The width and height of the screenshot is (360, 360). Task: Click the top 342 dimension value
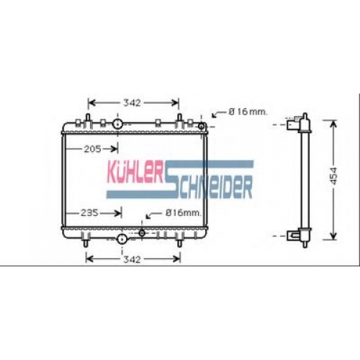pyautogui.click(x=132, y=103)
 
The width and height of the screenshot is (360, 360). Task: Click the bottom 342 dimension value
pyautogui.click(x=132, y=259)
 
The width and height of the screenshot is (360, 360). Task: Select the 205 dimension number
pyautogui.click(x=93, y=149)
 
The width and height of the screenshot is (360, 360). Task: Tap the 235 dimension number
pyautogui.click(x=89, y=212)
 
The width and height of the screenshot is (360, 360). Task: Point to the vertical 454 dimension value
pyautogui.click(x=333, y=176)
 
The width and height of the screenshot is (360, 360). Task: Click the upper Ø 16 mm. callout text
pyautogui.click(x=248, y=112)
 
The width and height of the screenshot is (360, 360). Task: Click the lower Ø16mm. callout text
pyautogui.click(x=183, y=212)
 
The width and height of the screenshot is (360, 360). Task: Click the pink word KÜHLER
pyautogui.click(x=135, y=172)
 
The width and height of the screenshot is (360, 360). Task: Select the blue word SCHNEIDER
pyautogui.click(x=209, y=185)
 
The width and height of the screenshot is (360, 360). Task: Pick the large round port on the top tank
pyautogui.click(x=117, y=124)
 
